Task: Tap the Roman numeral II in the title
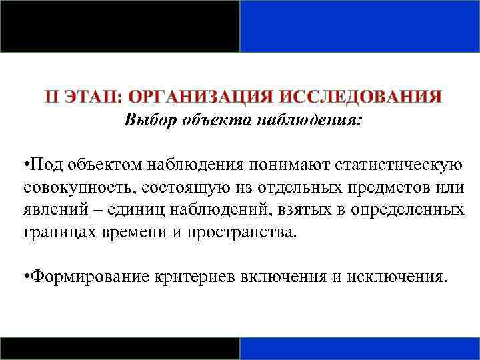coord(54,97)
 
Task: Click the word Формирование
coord(87,276)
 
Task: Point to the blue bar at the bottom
coord(359,348)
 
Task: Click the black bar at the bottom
coord(120,348)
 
